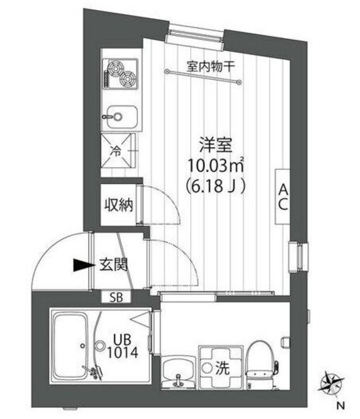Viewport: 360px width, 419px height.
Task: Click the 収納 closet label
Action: pos(118,206)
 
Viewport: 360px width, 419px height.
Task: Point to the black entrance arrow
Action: pos(82,265)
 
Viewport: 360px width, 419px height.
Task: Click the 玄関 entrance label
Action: pos(113,265)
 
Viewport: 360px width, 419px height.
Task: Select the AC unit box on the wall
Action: pos(283,196)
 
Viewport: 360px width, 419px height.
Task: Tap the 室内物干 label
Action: pos(206,65)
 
